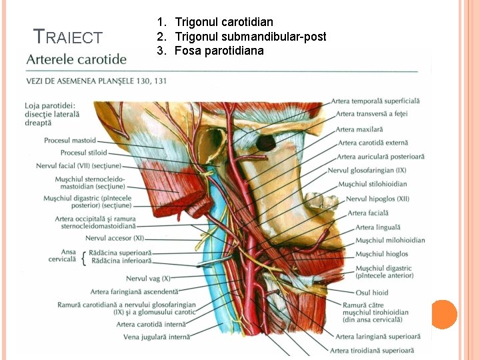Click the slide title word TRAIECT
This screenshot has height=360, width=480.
click(68, 38)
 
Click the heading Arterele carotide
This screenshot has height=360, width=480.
click(76, 59)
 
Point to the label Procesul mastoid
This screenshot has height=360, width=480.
click(70, 141)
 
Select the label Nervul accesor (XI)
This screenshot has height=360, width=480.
click(114, 238)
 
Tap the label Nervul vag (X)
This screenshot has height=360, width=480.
click(148, 278)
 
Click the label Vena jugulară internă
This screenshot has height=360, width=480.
click(157, 337)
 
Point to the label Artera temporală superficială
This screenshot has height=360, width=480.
click(375, 101)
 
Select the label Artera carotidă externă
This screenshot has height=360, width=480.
click(373, 143)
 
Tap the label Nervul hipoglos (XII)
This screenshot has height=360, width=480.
click(377, 199)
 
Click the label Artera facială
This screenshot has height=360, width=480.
click(367, 213)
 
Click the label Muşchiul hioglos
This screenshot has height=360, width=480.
click(381, 254)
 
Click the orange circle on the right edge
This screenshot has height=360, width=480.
click(444, 314)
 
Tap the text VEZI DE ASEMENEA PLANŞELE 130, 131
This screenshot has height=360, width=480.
click(96, 81)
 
